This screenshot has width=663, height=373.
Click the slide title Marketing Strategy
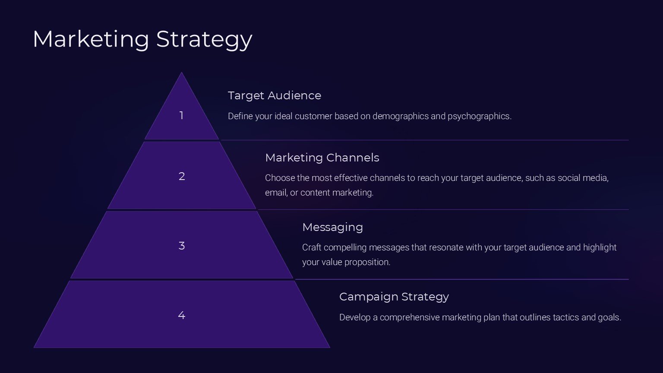coord(142,39)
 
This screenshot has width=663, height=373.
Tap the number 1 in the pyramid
coord(181,115)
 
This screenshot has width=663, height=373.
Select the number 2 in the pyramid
coord(182,177)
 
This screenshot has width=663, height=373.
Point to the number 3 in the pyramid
coord(182,246)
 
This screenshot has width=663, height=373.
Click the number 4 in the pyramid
coord(182,315)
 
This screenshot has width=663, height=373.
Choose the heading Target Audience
coord(275,95)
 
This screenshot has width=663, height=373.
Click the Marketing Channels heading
coord(322,158)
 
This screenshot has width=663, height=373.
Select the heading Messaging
coord(332,228)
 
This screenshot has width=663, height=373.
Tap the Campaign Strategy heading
coord(394,297)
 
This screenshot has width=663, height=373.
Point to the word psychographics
coord(480,116)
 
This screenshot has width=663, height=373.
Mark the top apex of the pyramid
coord(181,73)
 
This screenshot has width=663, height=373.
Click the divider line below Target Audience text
coord(425,140)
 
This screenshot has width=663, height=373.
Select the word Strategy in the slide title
coord(204,39)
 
